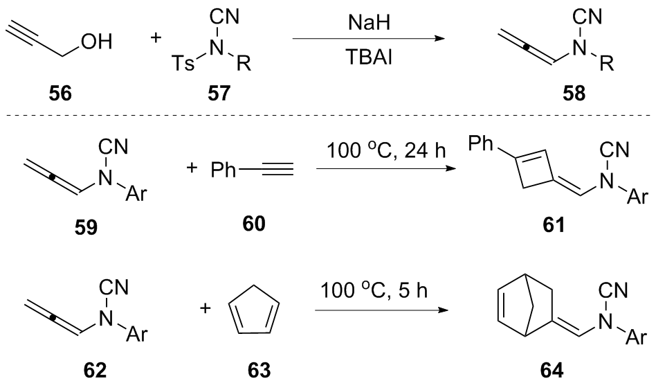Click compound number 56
point(60,93)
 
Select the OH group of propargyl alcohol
point(97,42)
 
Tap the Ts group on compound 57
point(183,63)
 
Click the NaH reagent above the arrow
point(369,22)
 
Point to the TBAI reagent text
point(369,57)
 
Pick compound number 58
point(574,93)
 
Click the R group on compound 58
point(607,63)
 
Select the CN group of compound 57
point(225,17)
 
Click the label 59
point(86,227)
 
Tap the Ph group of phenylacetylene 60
point(223,170)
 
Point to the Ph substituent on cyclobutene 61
point(480,143)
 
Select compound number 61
point(553,225)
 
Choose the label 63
point(259,370)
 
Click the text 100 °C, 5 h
point(374,290)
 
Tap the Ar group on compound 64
point(637,336)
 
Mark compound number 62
point(95,370)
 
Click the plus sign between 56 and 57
point(156,38)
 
